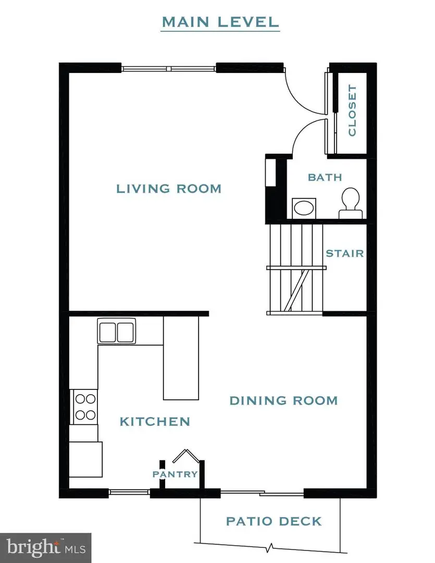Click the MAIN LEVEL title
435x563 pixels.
[220, 22]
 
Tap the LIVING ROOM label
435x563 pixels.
[168, 189]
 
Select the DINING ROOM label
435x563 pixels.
[283, 400]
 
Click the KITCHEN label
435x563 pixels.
[155, 421]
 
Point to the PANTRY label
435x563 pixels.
[175, 474]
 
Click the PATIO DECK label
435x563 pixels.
[274, 521]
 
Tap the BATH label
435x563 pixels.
[325, 177]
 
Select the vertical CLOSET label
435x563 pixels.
[353, 111]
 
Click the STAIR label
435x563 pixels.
[344, 254]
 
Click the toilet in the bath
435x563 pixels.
[350, 203]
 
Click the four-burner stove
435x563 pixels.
[84, 407]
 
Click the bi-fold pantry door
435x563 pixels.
[186, 456]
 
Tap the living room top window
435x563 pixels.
[169, 68]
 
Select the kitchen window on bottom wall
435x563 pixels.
[129, 492]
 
